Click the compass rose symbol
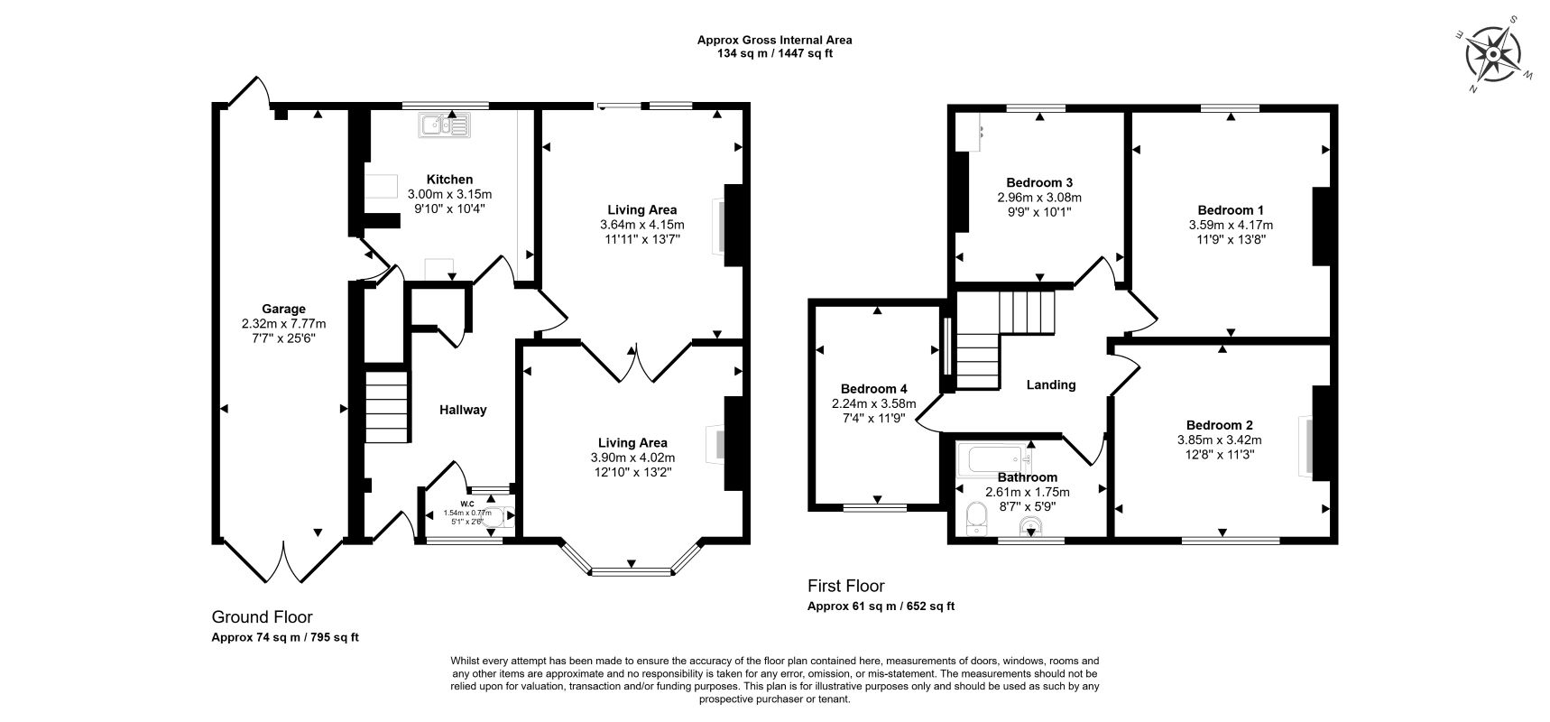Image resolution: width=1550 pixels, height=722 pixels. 1492,54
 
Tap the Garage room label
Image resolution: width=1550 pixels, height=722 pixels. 284,309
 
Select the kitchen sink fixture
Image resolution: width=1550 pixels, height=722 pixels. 443,125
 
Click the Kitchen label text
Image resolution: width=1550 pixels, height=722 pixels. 449,180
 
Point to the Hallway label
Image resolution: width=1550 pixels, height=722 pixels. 463,410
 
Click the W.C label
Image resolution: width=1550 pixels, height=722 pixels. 467,504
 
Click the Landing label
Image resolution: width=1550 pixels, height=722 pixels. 1051,384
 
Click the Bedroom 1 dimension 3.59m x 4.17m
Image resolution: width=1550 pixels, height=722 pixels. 1231,225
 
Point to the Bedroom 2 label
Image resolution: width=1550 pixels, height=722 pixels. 1219,425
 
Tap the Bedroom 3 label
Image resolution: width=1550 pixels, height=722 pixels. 1039,182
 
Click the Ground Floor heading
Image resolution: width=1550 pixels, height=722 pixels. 262,617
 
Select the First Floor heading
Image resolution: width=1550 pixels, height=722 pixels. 845,586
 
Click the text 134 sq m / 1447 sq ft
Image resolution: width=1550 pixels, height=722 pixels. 774,53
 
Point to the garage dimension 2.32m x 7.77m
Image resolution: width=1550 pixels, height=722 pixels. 284,324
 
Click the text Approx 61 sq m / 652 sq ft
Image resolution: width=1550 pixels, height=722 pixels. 881,606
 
